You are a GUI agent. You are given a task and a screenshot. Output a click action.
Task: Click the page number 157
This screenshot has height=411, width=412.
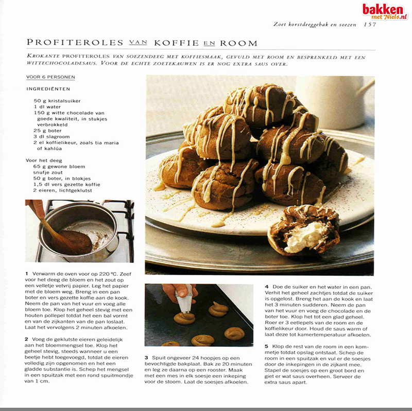pyautogui.click(x=370, y=24)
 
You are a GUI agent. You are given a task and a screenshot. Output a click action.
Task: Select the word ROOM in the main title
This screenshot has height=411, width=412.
pyautogui.click(x=236, y=43)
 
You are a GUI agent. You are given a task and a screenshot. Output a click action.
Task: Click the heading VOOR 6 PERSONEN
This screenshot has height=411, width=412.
pyautogui.click(x=50, y=78)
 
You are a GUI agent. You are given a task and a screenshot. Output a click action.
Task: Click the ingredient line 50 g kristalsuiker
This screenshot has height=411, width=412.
pyautogui.click(x=58, y=101)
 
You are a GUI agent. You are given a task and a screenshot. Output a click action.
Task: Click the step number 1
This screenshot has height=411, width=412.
pyautogui.click(x=27, y=273)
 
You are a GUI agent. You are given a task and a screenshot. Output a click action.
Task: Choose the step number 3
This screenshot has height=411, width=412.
pyautogui.click(x=146, y=357)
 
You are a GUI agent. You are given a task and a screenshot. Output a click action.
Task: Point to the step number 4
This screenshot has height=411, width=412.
pyautogui.click(x=267, y=287)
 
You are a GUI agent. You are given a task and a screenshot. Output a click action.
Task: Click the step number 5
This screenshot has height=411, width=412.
pyautogui.click(x=267, y=346)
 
